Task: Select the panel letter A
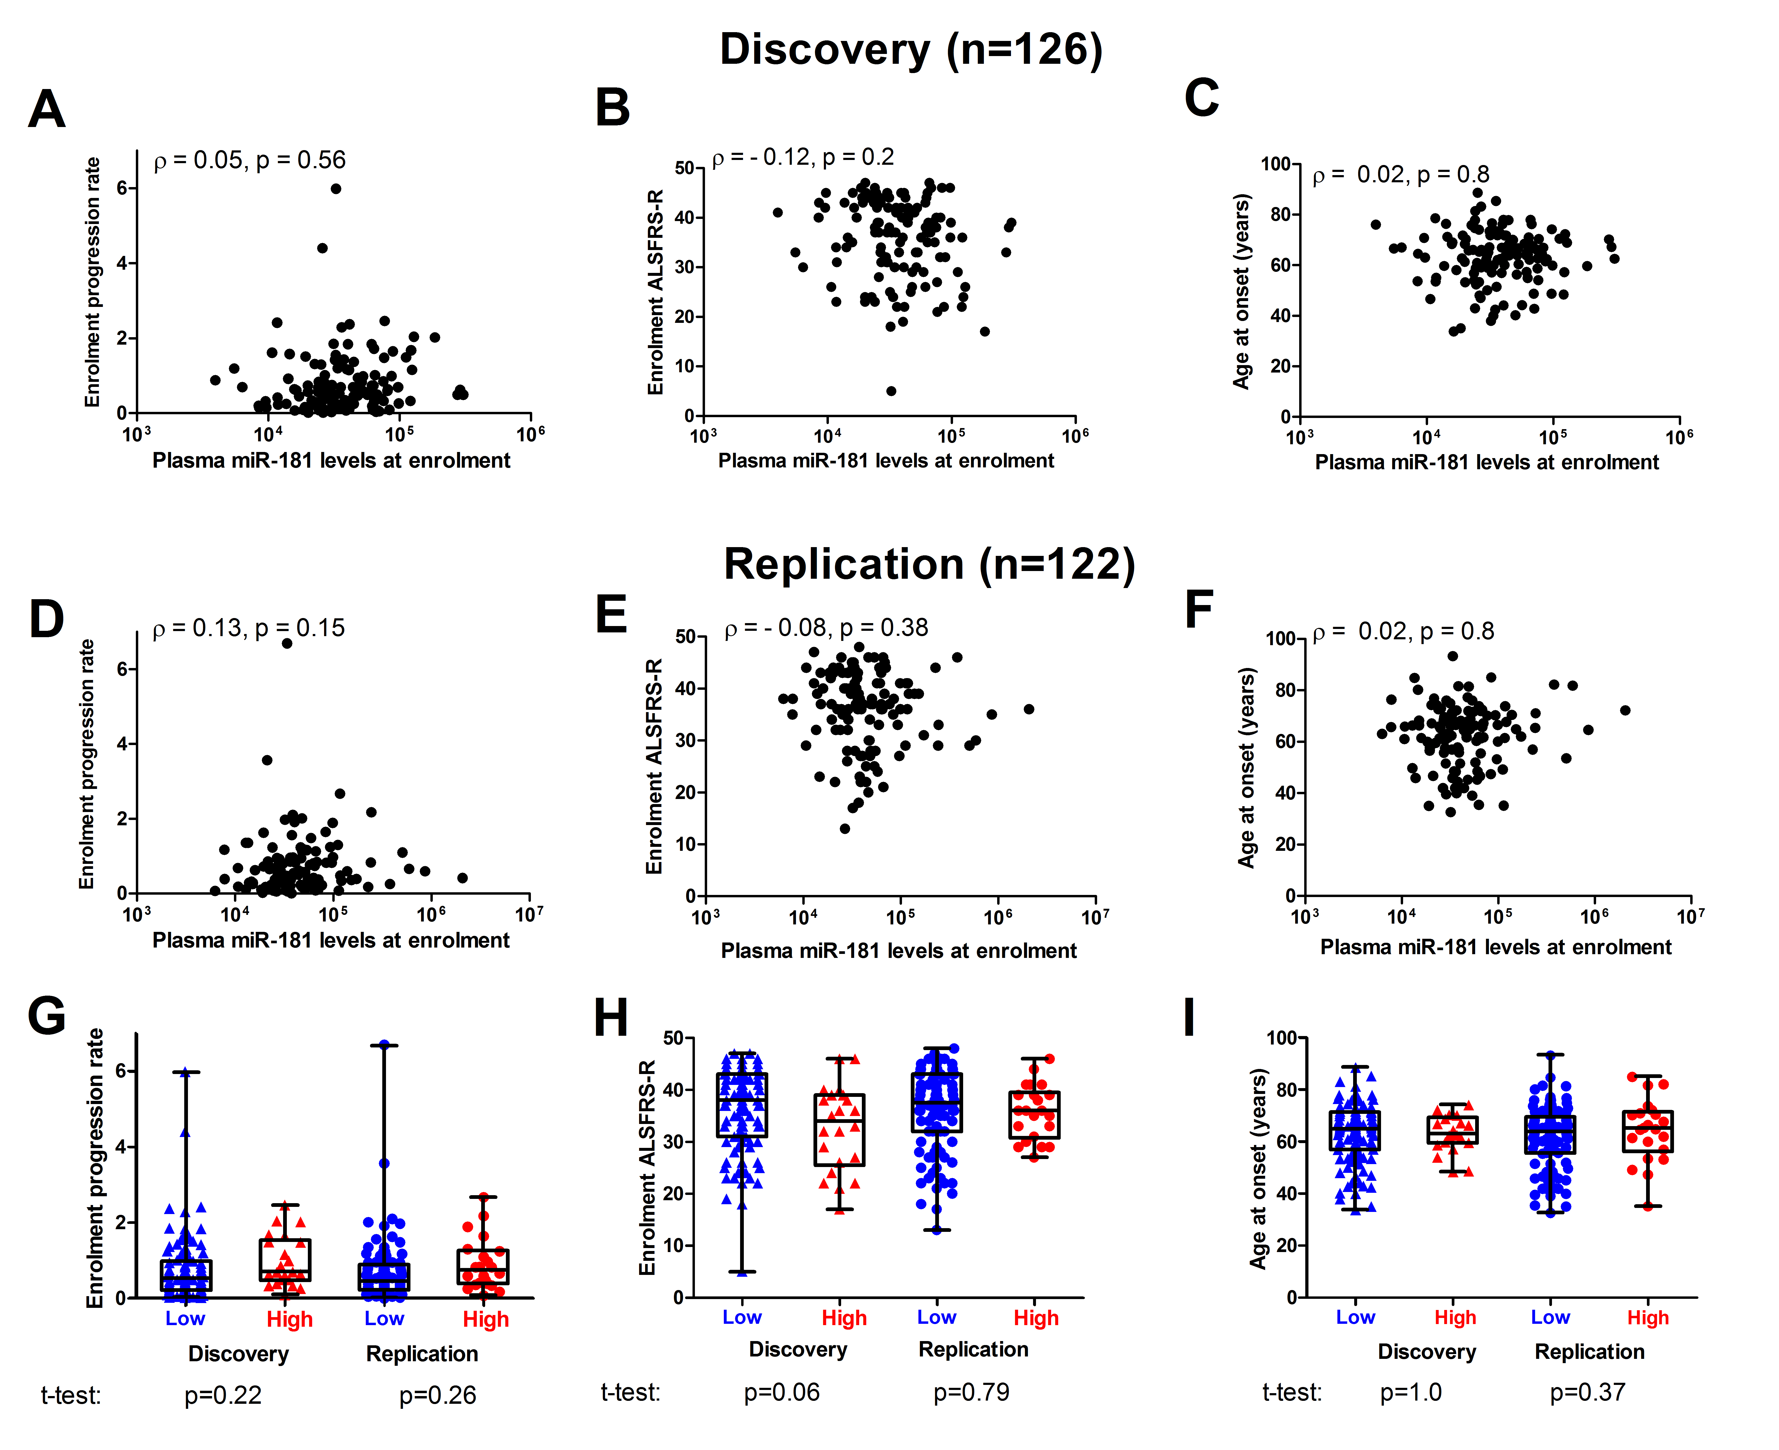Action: tap(47, 109)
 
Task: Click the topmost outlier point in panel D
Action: tap(287, 643)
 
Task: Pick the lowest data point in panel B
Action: tap(891, 391)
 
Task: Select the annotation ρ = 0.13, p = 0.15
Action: tap(248, 628)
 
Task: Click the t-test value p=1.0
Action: tap(1411, 1392)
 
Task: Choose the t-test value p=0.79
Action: tap(971, 1392)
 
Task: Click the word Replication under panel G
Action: tap(422, 1354)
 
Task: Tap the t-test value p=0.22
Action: tap(223, 1395)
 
